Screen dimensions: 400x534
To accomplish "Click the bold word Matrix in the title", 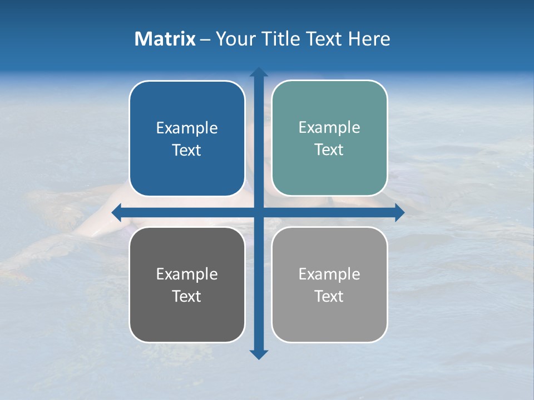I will pyautogui.click(x=165, y=39).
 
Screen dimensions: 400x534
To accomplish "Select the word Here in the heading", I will pyautogui.click(x=369, y=39).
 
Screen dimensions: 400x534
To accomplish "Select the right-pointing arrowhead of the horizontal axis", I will pyautogui.click(x=399, y=212).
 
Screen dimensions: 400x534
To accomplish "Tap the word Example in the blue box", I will pyautogui.click(x=187, y=128).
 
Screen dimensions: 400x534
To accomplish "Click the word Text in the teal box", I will pyautogui.click(x=329, y=150).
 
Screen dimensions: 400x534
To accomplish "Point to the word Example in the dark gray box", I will pyautogui.click(x=187, y=274).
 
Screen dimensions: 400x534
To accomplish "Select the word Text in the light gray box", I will pyautogui.click(x=329, y=297).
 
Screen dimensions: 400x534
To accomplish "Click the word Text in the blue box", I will pyautogui.click(x=187, y=151).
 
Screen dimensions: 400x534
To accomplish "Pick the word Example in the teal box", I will pyautogui.click(x=329, y=128).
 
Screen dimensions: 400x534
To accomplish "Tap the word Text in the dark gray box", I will pyautogui.click(x=187, y=297).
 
